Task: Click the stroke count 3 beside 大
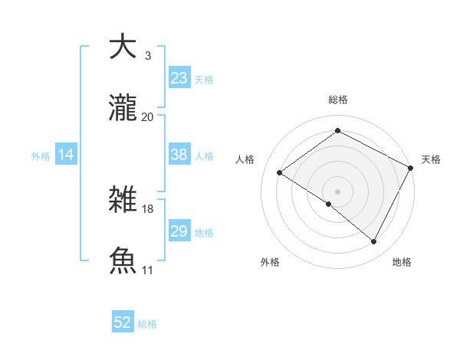(147, 55)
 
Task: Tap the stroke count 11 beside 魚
(147, 270)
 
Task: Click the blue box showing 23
(179, 78)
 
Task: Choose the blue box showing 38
(179, 155)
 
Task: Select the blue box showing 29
(179, 231)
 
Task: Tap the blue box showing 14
(66, 155)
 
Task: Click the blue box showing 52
(123, 323)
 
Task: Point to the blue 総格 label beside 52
(148, 324)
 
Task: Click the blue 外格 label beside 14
(41, 155)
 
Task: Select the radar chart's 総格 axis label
(338, 100)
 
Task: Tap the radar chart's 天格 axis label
(431, 159)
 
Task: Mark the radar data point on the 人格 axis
(280, 172)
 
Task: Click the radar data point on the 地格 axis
(374, 242)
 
